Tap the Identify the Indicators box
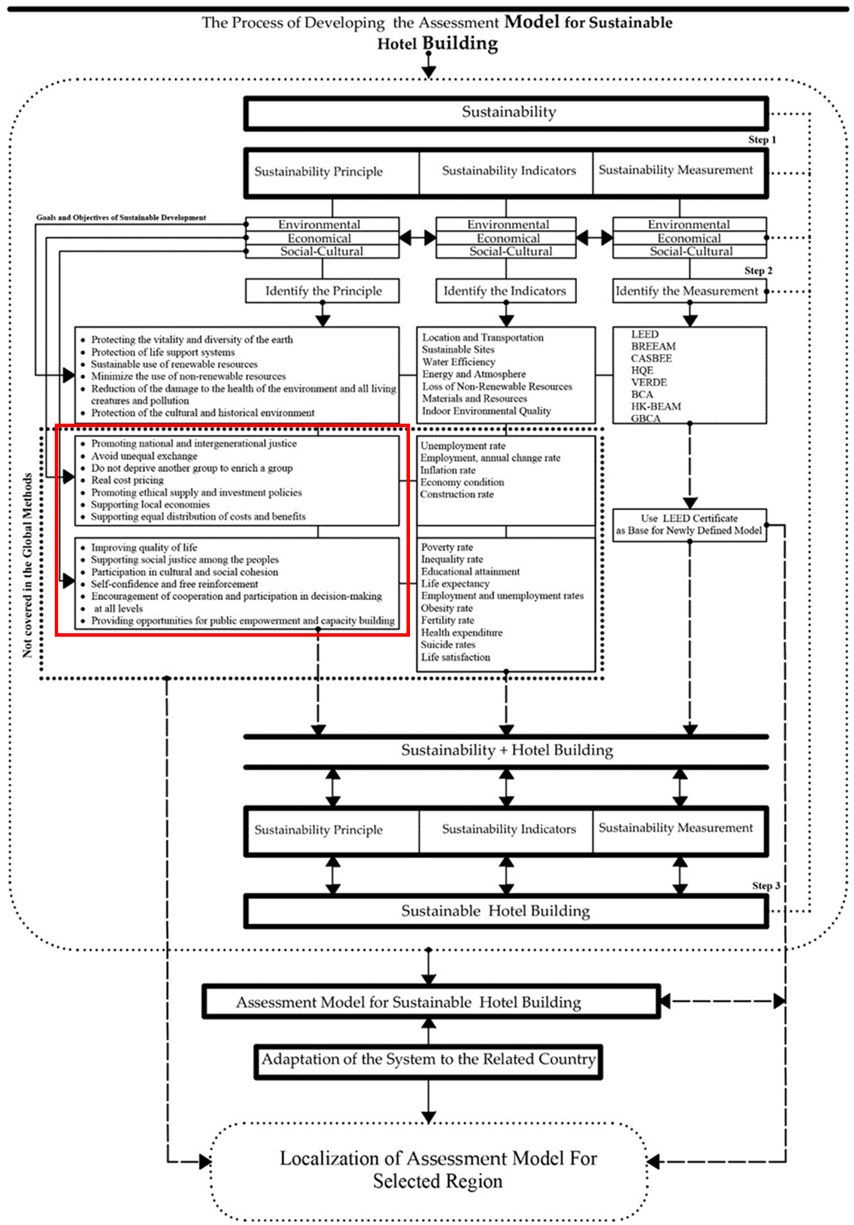pos(505,291)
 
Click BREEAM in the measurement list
pos(653,346)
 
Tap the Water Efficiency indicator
pos(458,362)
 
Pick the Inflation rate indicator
pos(447,470)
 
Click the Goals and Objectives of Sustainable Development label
pos(121,218)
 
